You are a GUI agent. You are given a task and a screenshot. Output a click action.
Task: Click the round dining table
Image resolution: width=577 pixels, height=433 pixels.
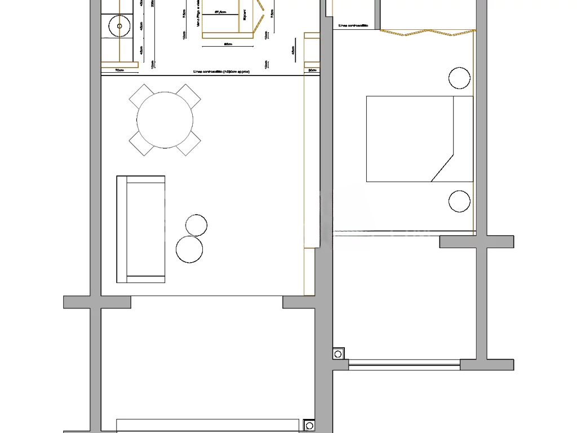click(165, 120)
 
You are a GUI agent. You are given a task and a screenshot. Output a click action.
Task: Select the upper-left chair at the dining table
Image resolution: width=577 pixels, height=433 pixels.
click(141, 96)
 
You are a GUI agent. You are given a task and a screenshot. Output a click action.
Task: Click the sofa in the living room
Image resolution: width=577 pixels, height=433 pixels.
click(141, 229)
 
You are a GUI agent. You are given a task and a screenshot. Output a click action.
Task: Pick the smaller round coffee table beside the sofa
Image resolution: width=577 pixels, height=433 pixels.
click(196, 225)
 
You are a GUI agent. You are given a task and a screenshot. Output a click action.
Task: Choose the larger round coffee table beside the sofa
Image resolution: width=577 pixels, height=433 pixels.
click(189, 249)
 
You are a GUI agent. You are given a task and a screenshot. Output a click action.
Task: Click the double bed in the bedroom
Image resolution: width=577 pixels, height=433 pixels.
click(419, 139)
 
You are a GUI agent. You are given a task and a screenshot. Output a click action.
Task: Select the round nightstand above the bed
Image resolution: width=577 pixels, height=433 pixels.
click(459, 78)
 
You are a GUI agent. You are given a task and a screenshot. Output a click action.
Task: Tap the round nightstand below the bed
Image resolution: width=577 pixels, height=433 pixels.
click(459, 201)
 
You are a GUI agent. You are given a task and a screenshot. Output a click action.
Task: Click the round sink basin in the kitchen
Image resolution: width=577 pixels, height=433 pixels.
click(119, 25)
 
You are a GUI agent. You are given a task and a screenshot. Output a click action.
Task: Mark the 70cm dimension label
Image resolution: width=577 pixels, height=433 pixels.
click(119, 70)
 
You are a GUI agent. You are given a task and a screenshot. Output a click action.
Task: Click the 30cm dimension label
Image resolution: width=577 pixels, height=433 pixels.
click(312, 70)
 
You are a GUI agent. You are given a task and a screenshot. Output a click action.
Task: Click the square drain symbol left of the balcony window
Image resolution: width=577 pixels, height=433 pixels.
click(338, 354)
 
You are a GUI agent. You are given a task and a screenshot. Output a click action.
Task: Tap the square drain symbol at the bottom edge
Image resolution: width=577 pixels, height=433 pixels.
click(309, 426)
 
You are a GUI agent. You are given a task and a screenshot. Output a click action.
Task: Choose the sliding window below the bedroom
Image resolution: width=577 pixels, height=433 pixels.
click(404, 365)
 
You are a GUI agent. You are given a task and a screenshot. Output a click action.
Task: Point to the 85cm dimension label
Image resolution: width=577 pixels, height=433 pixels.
click(228, 43)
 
